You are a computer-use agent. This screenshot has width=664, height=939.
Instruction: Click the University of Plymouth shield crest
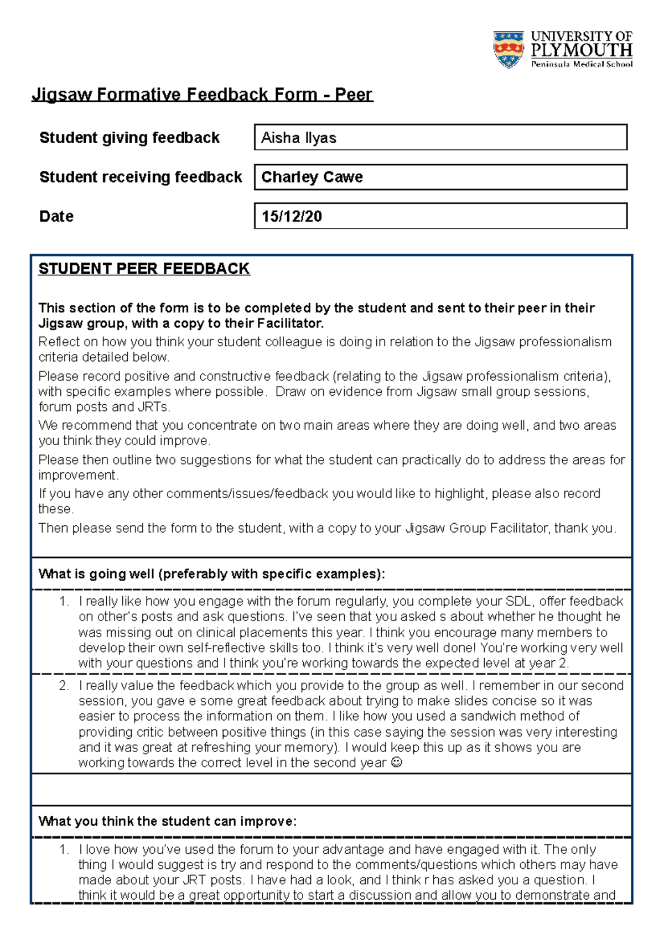[508, 49]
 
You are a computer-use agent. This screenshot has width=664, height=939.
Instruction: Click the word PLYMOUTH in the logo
[581, 51]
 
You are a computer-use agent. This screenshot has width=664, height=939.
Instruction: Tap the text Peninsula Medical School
[582, 64]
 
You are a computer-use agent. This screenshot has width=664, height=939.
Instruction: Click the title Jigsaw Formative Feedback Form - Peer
[203, 95]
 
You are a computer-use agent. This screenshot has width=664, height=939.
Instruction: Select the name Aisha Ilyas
[299, 138]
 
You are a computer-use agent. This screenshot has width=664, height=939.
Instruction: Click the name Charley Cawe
[312, 177]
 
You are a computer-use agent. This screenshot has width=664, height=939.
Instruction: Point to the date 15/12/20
[292, 216]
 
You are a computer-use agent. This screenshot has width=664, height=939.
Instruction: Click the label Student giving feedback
[129, 138]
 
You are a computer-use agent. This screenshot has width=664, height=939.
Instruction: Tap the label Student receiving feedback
[141, 177]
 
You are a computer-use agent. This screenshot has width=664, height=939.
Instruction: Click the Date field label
[56, 216]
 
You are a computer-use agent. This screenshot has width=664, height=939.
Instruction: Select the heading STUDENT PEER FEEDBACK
[144, 269]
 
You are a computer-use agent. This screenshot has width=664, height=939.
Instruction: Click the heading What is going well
[211, 574]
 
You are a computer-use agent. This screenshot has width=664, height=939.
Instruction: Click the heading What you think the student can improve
[167, 821]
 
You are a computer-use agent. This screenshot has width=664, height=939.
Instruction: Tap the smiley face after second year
[396, 763]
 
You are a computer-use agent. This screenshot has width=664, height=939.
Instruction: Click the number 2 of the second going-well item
[64, 686]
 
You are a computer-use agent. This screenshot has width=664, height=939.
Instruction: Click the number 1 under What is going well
[64, 601]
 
